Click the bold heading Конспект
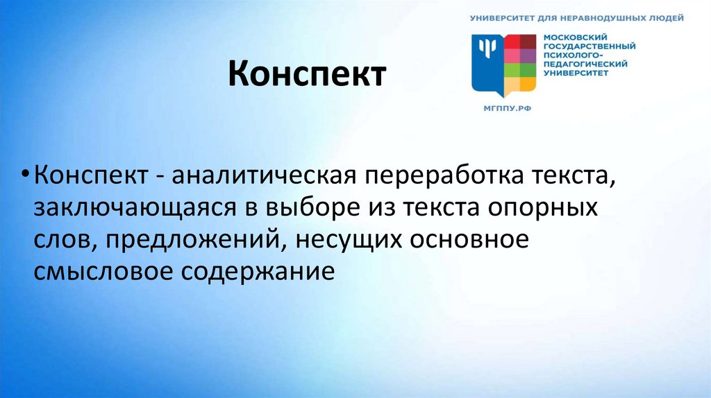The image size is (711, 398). point(307,74)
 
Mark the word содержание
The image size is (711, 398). point(259,270)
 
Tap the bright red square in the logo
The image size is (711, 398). point(512,41)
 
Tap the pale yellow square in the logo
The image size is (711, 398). point(512,85)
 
